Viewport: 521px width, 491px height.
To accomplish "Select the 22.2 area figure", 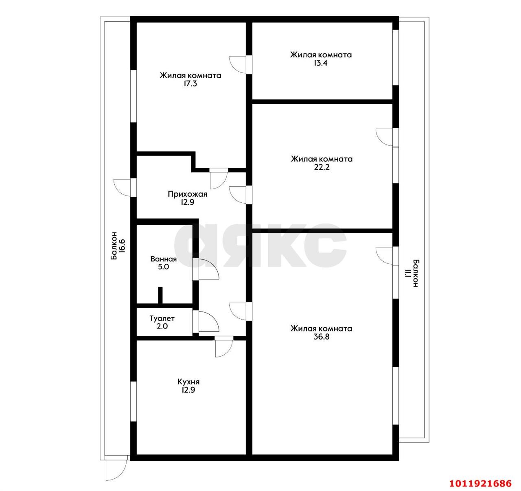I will tap(321, 167).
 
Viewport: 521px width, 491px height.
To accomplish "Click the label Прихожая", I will tap(187, 194).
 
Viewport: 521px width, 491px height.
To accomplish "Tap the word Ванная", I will tap(163, 259).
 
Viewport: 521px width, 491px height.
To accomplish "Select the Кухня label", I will tap(188, 382).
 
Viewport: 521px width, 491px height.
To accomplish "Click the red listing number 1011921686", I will tap(480, 484).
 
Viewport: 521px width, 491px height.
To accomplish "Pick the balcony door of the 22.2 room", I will tap(385, 137).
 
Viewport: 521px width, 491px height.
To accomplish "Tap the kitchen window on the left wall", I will tap(133, 401).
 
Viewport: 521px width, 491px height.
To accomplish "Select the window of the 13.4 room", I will tap(395, 57).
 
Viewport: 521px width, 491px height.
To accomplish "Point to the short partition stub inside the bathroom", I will tap(160, 296).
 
